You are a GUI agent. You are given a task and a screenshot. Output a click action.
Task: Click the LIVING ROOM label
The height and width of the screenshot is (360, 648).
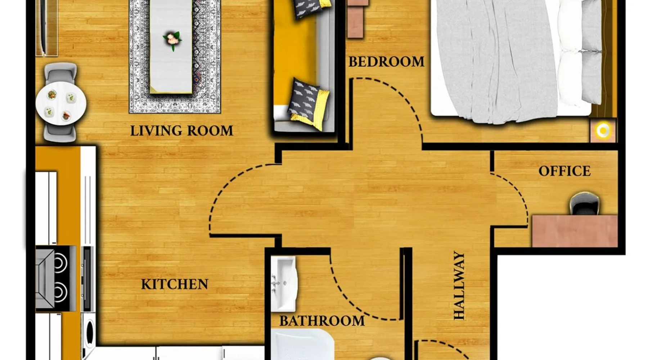click(181, 131)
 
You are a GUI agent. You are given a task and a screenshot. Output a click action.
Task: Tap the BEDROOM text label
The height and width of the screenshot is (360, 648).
click(386, 62)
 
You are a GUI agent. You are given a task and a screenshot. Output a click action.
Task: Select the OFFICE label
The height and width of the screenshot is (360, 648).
click(564, 171)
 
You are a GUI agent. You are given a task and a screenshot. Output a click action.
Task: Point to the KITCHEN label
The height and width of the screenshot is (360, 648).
click(175, 284)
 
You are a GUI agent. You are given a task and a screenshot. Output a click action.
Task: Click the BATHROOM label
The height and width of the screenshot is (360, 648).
click(322, 321)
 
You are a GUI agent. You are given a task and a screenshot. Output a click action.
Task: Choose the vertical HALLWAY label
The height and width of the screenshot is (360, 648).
click(459, 285)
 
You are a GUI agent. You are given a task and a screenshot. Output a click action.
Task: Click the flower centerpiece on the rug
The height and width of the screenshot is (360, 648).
click(172, 40)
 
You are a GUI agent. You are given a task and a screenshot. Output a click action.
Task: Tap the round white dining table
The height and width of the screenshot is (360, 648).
click(61, 103)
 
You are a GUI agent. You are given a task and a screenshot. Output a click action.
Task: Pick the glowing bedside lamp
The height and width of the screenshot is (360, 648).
click(603, 131)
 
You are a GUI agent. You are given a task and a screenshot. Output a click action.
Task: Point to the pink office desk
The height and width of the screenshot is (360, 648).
click(575, 231)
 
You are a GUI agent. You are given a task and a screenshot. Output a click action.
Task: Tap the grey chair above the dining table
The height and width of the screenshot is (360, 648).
click(61, 74)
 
